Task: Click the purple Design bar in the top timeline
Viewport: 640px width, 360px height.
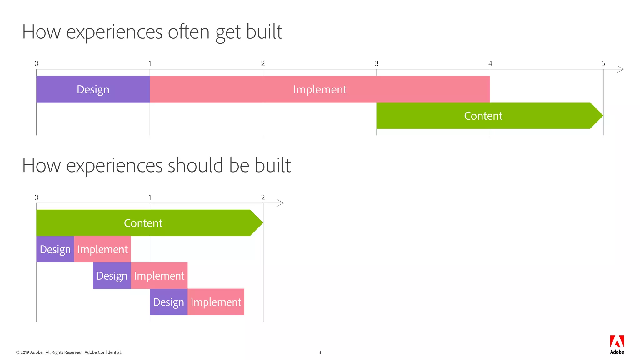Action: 93,89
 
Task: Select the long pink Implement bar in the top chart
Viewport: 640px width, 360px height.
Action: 320,89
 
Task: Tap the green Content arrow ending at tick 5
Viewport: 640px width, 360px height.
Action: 483,116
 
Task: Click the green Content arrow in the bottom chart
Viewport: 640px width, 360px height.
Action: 143,223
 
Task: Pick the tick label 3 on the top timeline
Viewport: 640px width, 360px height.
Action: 377,63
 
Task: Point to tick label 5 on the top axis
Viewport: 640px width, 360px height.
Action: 603,63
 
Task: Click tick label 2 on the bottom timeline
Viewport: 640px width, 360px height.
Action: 263,197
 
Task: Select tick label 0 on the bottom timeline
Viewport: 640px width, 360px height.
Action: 36,197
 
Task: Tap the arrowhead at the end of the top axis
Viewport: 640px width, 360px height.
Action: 621,69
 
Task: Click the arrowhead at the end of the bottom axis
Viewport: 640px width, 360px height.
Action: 281,203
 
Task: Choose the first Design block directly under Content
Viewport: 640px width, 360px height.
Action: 55,249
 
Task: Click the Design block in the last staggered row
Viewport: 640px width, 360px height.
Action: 168,302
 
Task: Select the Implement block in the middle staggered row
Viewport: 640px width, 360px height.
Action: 159,276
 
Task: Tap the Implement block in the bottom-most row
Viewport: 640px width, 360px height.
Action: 216,302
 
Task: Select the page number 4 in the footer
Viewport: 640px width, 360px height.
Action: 320,352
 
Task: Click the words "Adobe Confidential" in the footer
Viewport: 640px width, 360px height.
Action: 103,352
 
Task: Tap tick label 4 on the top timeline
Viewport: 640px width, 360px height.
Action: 490,63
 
